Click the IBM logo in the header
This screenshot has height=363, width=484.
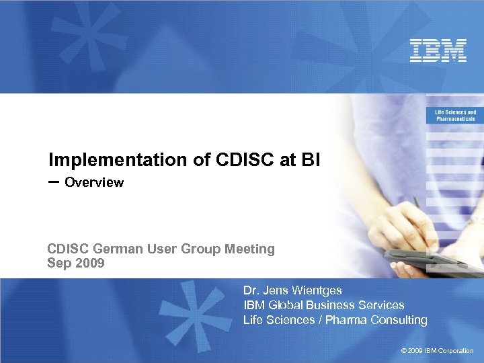pos(438,50)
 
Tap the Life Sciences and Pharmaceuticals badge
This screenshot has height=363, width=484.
pos(455,116)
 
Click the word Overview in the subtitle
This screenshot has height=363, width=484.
pos(94,183)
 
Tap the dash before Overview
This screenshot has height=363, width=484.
pos(54,182)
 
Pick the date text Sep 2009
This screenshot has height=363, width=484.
pos(76,263)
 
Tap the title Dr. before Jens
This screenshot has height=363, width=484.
pos(251,290)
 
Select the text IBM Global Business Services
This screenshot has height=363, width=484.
pos(323,305)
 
